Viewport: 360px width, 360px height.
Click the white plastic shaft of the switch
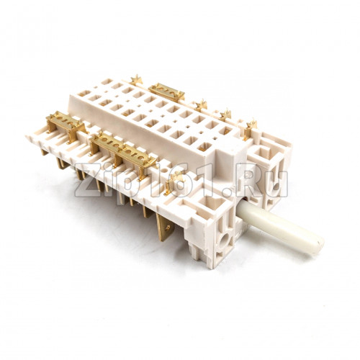[281, 229]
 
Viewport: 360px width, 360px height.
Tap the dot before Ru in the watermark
[228, 192]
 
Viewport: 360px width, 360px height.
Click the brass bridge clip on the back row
[166, 92]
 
